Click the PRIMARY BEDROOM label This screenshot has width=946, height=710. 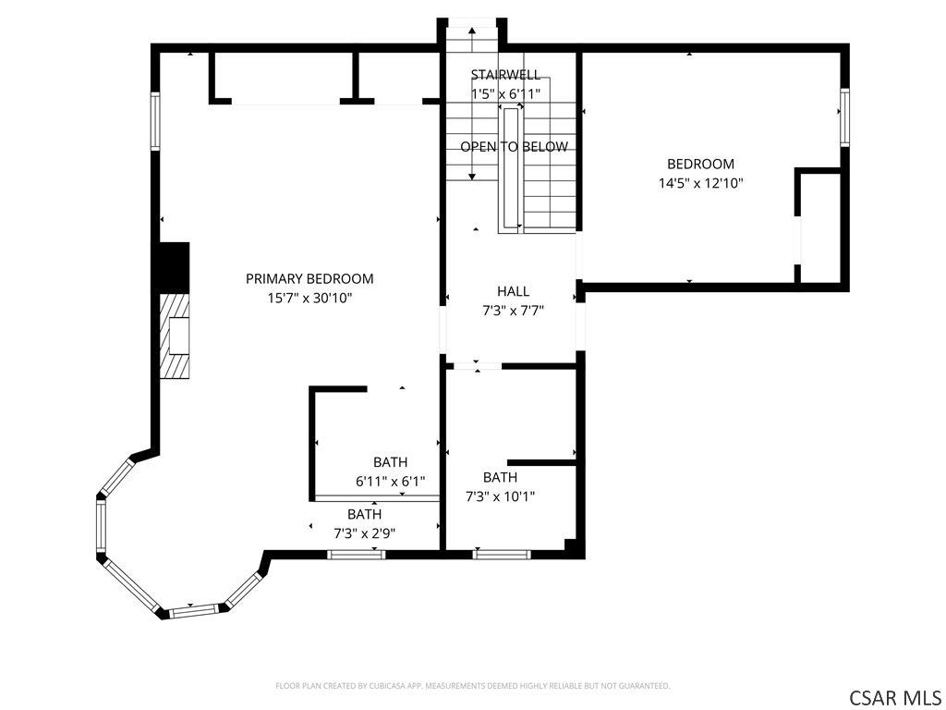[309, 278]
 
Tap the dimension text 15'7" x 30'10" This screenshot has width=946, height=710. [309, 298]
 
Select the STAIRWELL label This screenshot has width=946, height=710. [505, 75]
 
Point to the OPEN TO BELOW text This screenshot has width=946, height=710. [514, 147]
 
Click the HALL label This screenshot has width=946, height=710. [514, 291]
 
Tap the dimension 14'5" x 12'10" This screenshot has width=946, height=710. [700, 183]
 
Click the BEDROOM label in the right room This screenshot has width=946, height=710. [700, 164]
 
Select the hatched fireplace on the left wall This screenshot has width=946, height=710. [175, 337]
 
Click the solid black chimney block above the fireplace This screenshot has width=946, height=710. [175, 268]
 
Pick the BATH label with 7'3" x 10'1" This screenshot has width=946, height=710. [500, 478]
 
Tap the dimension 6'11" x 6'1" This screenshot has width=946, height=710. [391, 482]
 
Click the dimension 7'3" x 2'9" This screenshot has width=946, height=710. [364, 533]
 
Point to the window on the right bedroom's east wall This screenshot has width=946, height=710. [844, 117]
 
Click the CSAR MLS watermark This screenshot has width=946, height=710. [894, 697]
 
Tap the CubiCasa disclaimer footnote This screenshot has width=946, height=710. [473, 686]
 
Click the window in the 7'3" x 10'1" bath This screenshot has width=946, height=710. [502, 555]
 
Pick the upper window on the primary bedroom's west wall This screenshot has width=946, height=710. [155, 121]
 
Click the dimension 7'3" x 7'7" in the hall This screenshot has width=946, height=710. [514, 311]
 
